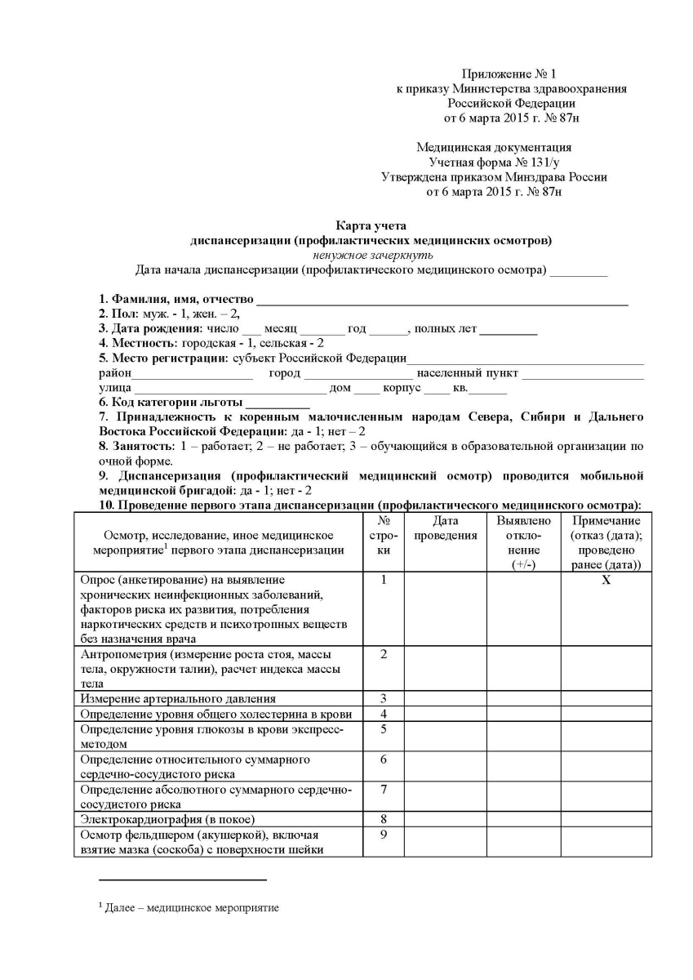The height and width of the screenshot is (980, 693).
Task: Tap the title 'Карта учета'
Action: [371, 225]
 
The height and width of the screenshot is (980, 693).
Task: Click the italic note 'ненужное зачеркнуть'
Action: [371, 255]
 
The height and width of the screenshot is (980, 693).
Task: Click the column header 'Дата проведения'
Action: [446, 528]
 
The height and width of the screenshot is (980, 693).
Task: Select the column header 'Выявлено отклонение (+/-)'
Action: [523, 543]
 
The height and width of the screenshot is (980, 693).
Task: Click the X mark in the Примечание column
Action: [606, 580]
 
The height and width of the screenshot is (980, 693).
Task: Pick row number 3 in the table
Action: [383, 698]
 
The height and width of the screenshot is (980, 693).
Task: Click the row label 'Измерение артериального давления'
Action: [177, 698]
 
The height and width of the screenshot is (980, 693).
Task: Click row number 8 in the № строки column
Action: [383, 819]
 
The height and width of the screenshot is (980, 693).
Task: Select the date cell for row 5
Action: [446, 737]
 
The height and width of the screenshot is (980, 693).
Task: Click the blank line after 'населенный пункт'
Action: [582, 373]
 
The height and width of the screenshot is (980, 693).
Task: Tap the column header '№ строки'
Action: [383, 536]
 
